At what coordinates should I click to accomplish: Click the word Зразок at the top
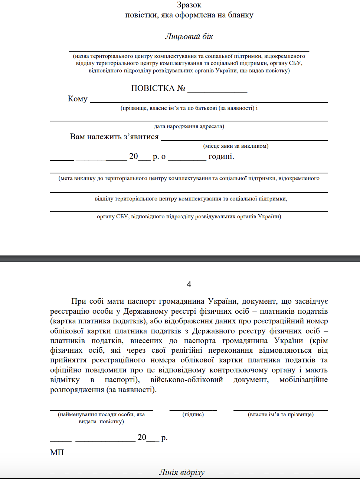[x=189, y=5]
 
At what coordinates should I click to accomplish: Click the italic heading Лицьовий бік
[x=189, y=36]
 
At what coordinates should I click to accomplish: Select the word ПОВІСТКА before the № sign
[x=153, y=88]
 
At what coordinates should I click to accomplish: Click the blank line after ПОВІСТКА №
[x=217, y=89]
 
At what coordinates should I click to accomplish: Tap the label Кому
[x=78, y=99]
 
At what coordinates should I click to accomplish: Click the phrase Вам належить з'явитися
[x=114, y=137]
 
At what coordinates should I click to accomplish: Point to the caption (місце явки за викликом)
[x=236, y=146]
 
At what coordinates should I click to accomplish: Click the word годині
[x=221, y=156]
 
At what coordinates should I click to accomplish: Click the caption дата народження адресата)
[x=189, y=126]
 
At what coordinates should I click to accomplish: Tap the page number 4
[x=189, y=284]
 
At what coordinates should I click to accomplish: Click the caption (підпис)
[x=193, y=414]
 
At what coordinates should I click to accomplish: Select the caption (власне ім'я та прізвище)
[x=281, y=414]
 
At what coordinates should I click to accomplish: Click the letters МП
[x=57, y=452]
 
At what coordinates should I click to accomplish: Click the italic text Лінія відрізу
[x=181, y=472]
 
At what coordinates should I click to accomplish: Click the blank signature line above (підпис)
[x=193, y=409]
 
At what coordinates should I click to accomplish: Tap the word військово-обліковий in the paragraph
[x=187, y=380]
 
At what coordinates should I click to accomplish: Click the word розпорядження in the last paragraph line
[x=77, y=390]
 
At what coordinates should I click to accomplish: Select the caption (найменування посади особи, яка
[x=101, y=414]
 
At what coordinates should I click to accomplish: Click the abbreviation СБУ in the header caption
[x=295, y=63]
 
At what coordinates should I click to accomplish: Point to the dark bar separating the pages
[x=180, y=258]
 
